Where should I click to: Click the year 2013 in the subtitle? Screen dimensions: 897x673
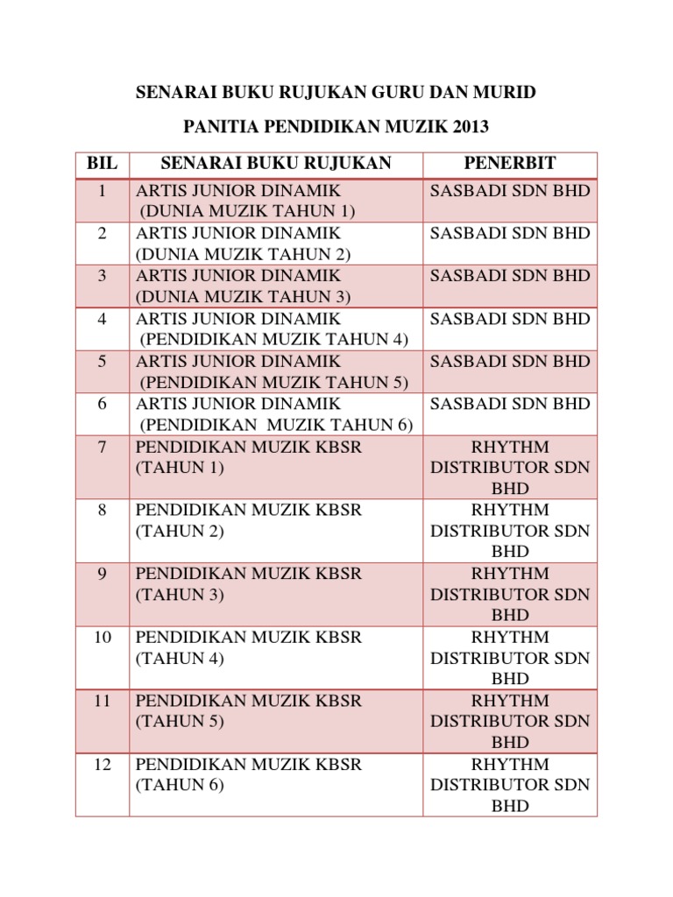point(469,127)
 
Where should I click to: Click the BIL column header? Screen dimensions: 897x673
point(103,164)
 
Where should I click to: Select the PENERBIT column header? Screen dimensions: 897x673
point(510,164)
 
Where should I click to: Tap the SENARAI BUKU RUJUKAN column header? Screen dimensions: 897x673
point(276,164)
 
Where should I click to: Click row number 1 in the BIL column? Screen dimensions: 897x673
point(103,191)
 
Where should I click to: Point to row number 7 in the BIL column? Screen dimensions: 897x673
point(103,447)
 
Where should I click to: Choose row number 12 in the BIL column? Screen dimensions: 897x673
point(103,765)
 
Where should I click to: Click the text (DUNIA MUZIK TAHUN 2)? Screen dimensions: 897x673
point(243,254)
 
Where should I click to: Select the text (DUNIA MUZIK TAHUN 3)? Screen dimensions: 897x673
point(243,296)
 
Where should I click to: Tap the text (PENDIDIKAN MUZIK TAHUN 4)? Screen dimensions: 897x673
point(274,339)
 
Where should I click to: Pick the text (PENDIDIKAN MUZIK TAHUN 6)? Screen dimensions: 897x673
point(276,425)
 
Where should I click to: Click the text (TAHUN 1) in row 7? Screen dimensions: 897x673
point(180,468)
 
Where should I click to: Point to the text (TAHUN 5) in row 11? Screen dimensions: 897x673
point(180,722)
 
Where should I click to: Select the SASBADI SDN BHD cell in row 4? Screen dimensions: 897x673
point(510,319)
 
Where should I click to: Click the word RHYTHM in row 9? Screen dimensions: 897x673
point(510,574)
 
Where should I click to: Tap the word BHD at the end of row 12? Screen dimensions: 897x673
point(510,806)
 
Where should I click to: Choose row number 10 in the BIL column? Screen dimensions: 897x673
point(103,637)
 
